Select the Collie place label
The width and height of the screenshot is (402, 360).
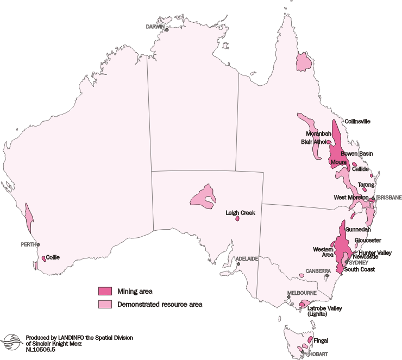(53, 257)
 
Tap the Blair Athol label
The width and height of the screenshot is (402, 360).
(313, 142)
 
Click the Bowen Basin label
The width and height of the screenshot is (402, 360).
(356, 154)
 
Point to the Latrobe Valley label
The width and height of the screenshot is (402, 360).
(325, 308)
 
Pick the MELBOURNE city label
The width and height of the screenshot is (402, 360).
(301, 293)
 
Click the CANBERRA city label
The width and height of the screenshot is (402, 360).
(316, 270)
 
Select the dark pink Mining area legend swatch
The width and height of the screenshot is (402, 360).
(105, 291)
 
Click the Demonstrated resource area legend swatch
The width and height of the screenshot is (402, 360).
(105, 304)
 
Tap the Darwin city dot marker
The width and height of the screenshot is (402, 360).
(167, 30)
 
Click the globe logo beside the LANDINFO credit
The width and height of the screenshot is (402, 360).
(12, 342)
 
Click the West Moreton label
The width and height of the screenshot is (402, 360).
(351, 197)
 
